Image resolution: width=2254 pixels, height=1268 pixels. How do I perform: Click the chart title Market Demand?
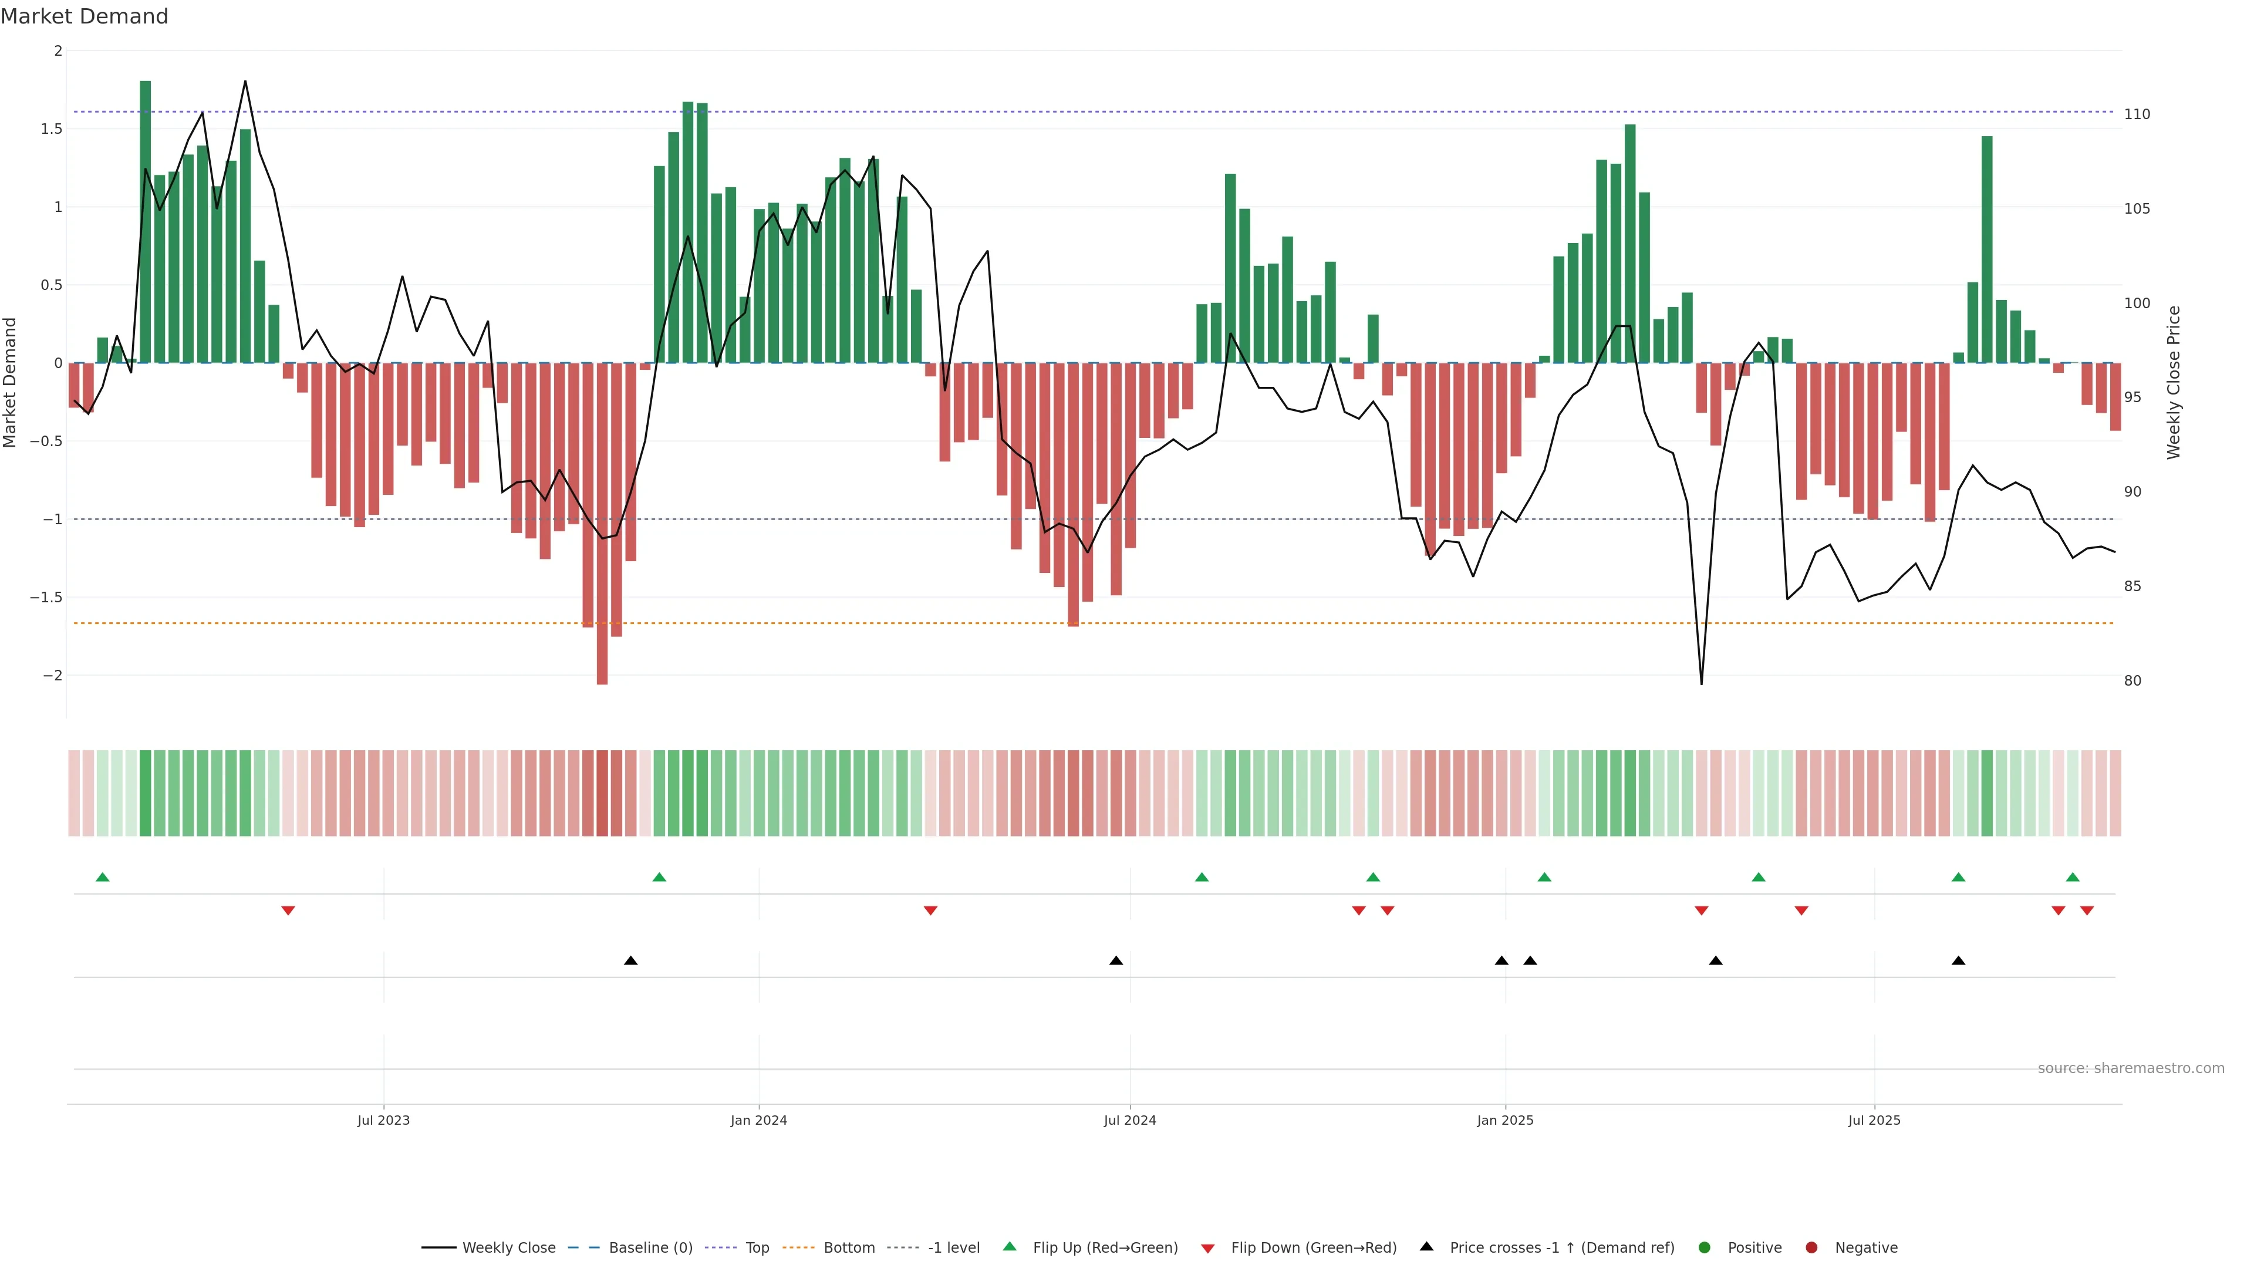[84, 16]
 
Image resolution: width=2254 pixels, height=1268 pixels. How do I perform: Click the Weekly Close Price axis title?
[2174, 382]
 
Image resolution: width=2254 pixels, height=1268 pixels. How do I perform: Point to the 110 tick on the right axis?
[2137, 114]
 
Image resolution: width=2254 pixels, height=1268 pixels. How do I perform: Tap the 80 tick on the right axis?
[2132, 681]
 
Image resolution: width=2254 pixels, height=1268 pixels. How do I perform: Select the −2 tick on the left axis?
[52, 676]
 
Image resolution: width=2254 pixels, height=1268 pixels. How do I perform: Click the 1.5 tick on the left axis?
[52, 129]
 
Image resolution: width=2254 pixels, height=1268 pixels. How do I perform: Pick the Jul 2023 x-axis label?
[383, 1120]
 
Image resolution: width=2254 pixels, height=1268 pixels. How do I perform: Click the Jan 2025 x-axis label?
[1505, 1120]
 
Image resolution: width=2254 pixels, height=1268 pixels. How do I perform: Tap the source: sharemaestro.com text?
[2131, 1068]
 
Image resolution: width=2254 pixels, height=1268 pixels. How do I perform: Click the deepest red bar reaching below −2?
[602, 525]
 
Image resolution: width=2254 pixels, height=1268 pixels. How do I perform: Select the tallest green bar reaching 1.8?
[145, 219]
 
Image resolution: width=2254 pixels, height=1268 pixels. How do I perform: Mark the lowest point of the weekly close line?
[1701, 683]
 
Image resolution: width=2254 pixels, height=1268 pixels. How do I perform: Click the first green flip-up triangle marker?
[102, 877]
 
